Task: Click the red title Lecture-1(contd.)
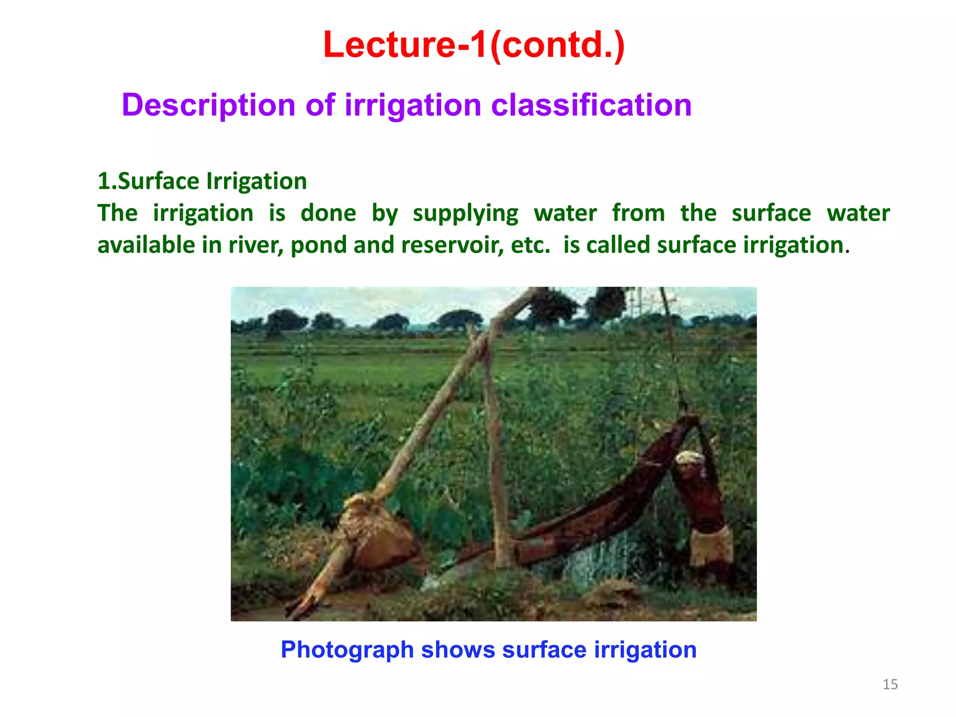tap(473, 45)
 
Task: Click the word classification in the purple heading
tap(591, 105)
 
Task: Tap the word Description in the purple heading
tap(208, 105)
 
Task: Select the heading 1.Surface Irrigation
tap(202, 181)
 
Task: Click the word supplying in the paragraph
tap(465, 214)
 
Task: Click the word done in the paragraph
tap(328, 214)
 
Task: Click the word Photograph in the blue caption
tap(347, 650)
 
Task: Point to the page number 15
tap(890, 684)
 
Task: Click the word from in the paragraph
tap(638, 214)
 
